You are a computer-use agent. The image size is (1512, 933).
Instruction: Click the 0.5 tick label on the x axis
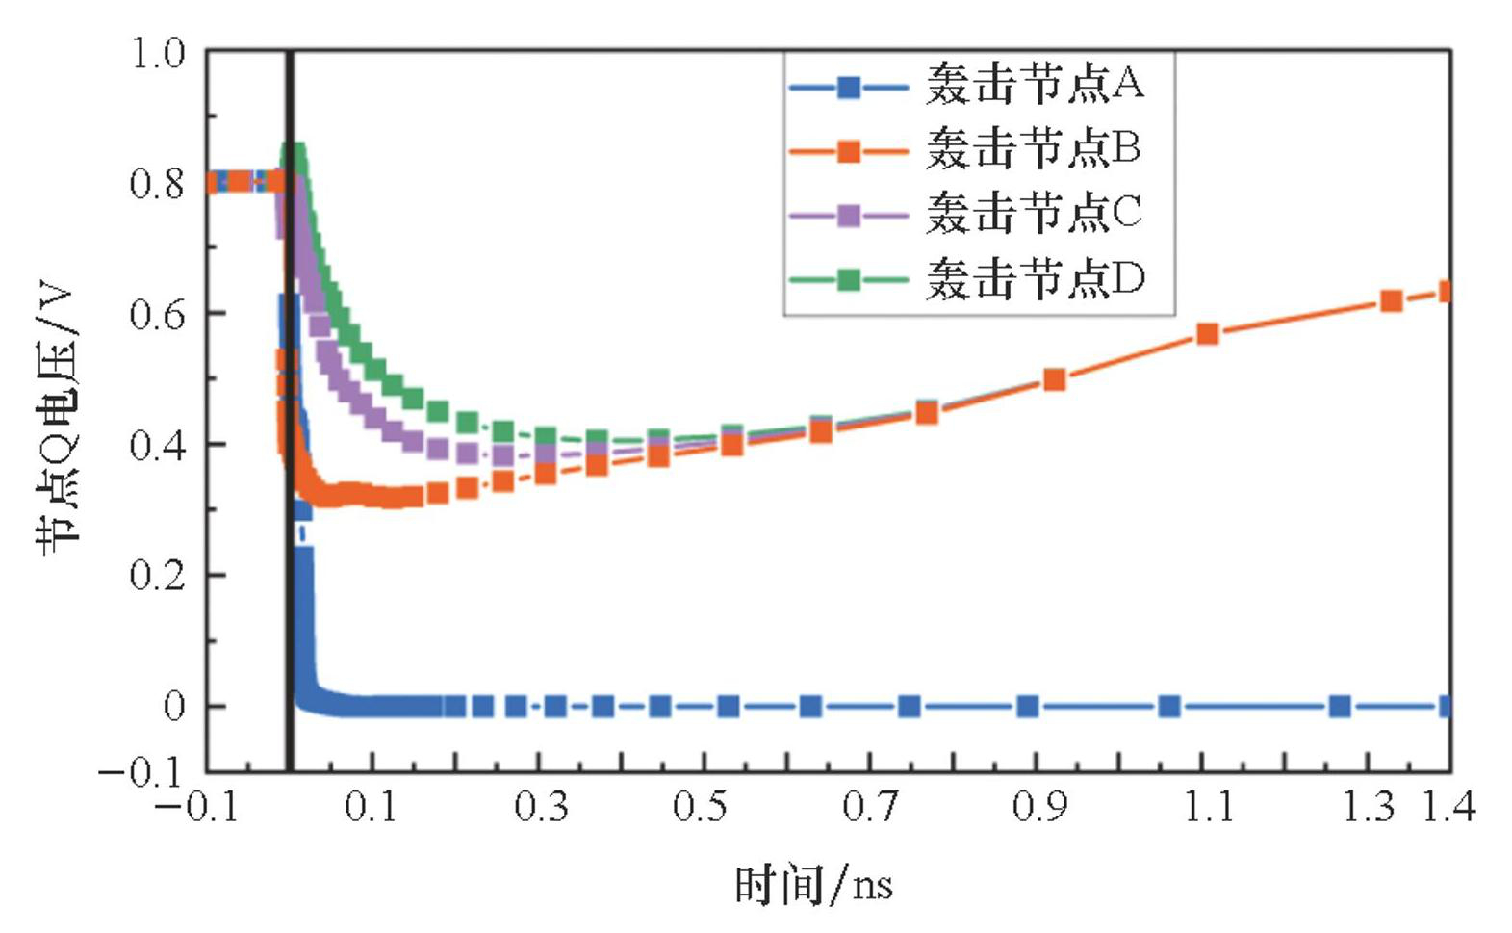(x=700, y=806)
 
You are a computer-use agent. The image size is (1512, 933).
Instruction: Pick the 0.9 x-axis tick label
(x=1038, y=806)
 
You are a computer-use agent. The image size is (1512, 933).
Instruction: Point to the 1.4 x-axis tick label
(x=1448, y=806)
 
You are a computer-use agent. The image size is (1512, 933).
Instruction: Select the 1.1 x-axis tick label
(x=1207, y=806)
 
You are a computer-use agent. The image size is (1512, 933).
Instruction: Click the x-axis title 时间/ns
(x=813, y=884)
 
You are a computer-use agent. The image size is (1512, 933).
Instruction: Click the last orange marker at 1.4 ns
(x=1446, y=292)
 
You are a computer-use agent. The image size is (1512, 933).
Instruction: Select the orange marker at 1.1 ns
(x=1207, y=334)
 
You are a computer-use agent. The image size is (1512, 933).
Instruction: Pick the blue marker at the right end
(x=1446, y=707)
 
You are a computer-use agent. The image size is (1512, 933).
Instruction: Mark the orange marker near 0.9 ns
(x=1054, y=379)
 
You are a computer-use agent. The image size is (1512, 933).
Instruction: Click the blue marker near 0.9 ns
(x=1027, y=707)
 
